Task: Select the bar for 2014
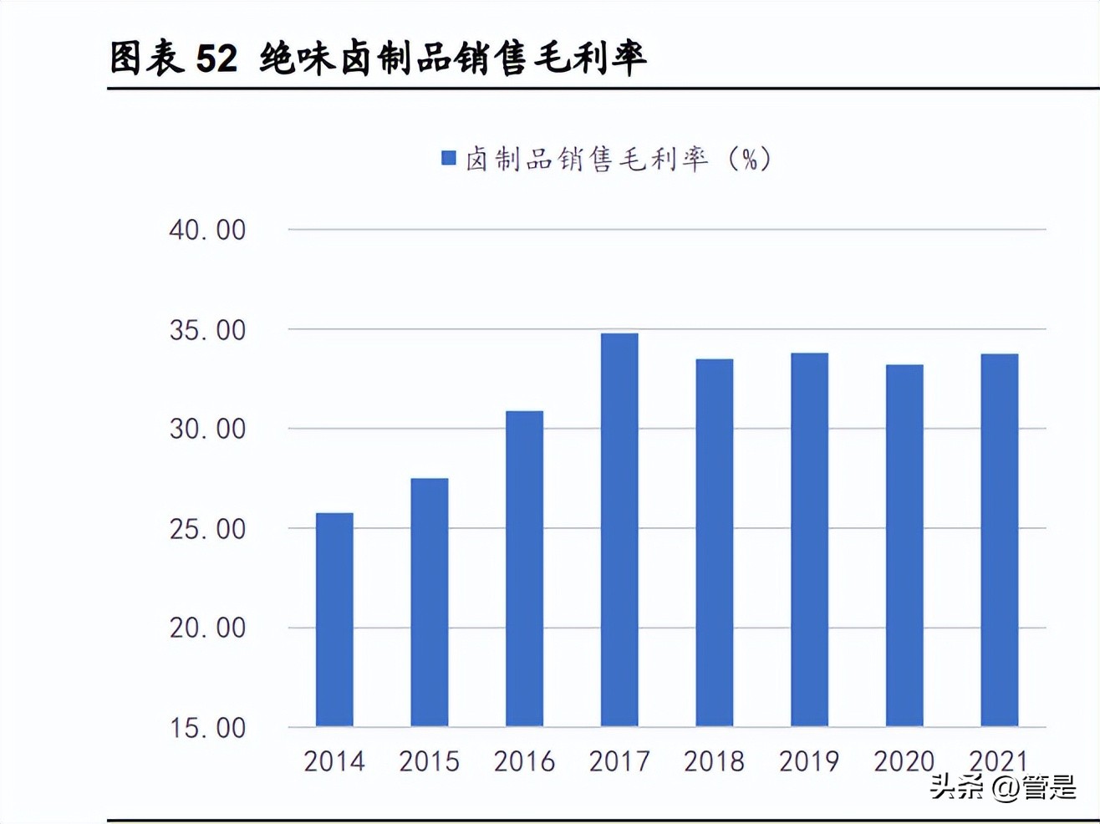click(334, 619)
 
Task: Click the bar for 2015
click(430, 602)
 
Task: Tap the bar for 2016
click(524, 568)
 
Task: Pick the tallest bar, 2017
click(619, 530)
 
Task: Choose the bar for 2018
click(715, 542)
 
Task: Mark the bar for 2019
click(809, 540)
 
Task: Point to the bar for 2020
click(904, 546)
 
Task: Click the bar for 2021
click(1000, 540)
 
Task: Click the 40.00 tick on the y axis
click(207, 230)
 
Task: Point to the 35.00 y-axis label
click(207, 330)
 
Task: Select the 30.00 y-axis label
click(207, 429)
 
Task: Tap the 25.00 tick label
click(207, 529)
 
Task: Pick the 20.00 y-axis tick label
click(207, 628)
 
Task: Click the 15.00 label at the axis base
click(207, 728)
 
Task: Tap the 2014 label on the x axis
click(334, 761)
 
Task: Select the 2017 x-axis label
click(619, 761)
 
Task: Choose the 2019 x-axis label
click(809, 761)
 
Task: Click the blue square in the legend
click(449, 158)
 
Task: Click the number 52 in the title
click(216, 58)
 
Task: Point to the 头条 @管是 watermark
click(1003, 787)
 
